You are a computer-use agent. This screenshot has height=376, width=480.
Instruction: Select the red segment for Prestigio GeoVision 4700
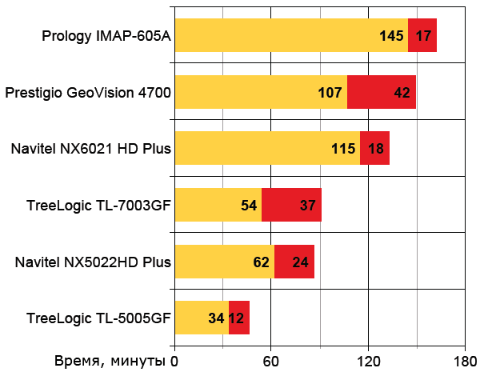pos(382,92)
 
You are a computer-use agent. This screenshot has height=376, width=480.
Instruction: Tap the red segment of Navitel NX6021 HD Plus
pos(375,148)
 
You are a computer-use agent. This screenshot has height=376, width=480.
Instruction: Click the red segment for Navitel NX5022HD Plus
pos(294,262)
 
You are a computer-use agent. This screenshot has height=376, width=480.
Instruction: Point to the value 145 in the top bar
pos(392,36)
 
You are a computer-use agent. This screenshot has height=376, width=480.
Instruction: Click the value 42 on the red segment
pos(402,92)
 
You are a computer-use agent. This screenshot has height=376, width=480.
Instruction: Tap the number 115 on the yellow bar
pos(343,149)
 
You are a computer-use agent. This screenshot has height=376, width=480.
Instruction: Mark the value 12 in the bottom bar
pos(237,318)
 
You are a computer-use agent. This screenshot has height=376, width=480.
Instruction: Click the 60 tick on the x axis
pos(271,360)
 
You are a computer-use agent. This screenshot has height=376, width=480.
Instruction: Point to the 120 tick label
pos(368,360)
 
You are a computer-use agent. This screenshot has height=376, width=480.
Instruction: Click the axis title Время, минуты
pos(111,360)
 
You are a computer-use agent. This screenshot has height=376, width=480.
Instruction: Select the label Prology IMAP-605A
pos(106,36)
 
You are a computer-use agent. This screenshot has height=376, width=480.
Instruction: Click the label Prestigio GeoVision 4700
pos(88,93)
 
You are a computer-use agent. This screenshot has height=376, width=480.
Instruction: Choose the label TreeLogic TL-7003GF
pos(98,206)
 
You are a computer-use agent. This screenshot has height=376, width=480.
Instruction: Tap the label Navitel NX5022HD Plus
pos(93,262)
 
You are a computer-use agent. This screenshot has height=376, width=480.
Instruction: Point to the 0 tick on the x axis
pos(175,360)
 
